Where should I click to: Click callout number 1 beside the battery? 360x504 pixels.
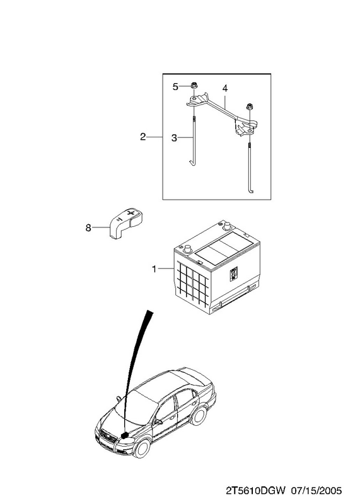point(154,268)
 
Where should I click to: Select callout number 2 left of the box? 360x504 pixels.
point(143,137)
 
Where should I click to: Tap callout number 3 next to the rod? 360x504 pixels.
point(175,138)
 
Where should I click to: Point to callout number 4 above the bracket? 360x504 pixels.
point(225,88)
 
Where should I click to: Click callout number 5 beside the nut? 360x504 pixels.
point(175,87)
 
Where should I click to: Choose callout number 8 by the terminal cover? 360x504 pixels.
point(88,228)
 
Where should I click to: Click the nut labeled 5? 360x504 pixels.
point(194,86)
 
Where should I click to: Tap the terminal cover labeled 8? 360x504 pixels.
point(125,223)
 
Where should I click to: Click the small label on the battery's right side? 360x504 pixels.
point(233,273)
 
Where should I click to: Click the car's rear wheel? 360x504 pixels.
point(198,416)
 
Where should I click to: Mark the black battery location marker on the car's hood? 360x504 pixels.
point(124,435)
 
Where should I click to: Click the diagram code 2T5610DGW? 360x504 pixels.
point(255,491)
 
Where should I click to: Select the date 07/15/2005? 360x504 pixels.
point(316,491)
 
